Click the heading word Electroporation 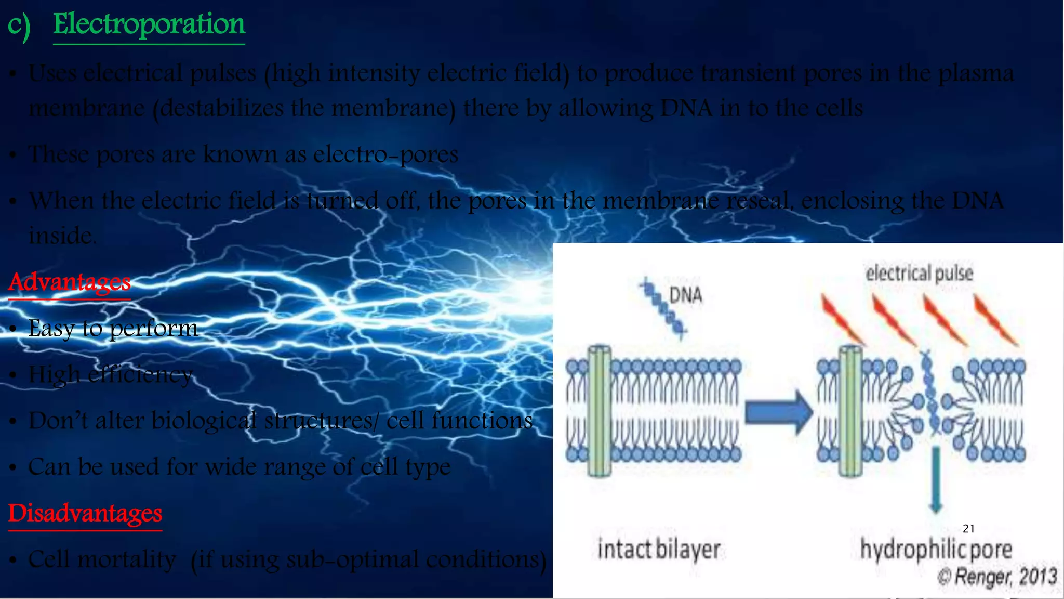tap(149, 24)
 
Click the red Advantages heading tap(69, 282)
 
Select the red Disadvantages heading tap(85, 513)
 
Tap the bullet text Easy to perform tap(113, 328)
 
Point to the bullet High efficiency tap(111, 374)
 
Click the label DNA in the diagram tap(685, 295)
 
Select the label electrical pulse tap(919, 273)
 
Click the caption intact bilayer tap(659, 550)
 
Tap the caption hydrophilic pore tap(936, 550)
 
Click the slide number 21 tap(968, 529)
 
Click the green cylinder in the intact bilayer tap(599, 411)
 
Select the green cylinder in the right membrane tap(850, 411)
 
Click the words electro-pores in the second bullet tap(385, 154)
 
